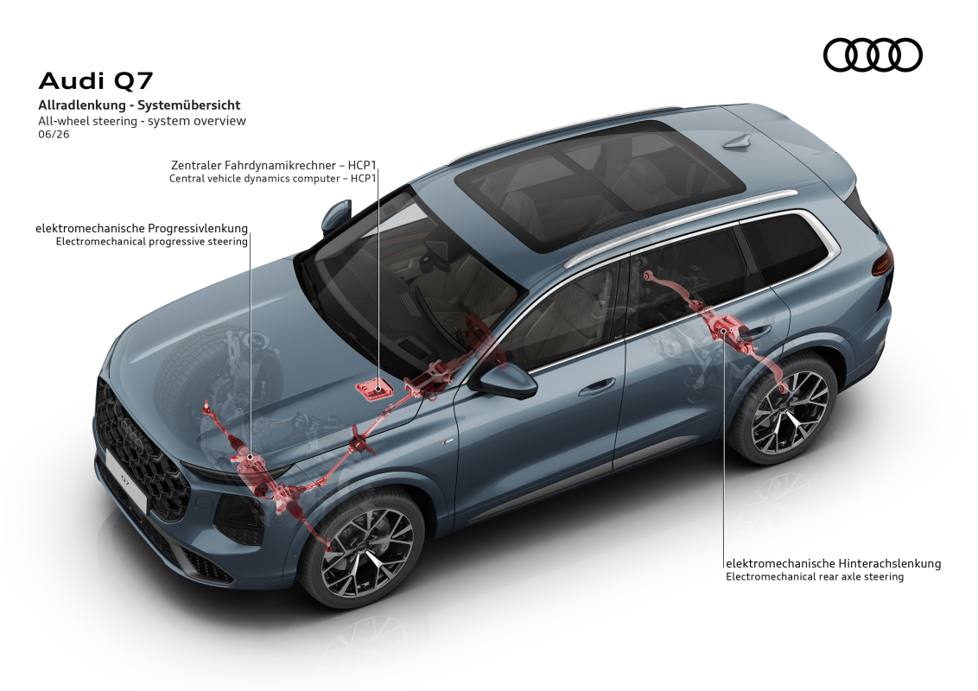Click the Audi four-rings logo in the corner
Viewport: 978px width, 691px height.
(x=873, y=55)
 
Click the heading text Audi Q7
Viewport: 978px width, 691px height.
(x=95, y=81)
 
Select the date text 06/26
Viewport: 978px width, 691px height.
(x=54, y=134)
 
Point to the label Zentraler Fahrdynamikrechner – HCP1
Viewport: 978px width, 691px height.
(x=274, y=165)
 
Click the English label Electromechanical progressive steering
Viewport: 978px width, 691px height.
(x=151, y=241)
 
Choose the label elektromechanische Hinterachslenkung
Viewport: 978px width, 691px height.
(x=834, y=563)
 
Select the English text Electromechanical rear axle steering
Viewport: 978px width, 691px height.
(x=815, y=577)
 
